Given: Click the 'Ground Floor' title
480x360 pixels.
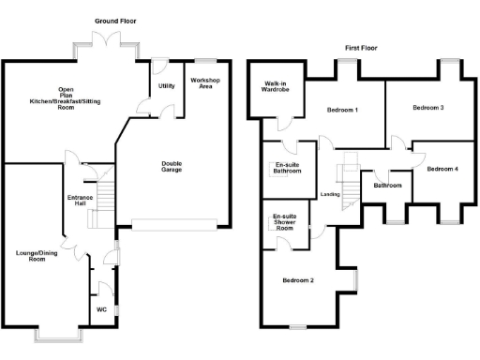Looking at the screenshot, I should (x=117, y=20).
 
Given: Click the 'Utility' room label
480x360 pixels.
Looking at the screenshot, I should (x=167, y=85).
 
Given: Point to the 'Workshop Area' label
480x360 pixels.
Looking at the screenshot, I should (x=205, y=84).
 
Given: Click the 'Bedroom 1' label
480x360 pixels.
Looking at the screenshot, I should (x=342, y=111).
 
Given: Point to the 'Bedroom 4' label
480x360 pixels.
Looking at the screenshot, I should (x=442, y=170).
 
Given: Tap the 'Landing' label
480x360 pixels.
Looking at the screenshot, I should (x=330, y=194).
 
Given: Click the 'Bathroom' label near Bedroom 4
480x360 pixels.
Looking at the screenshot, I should (x=387, y=186).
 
